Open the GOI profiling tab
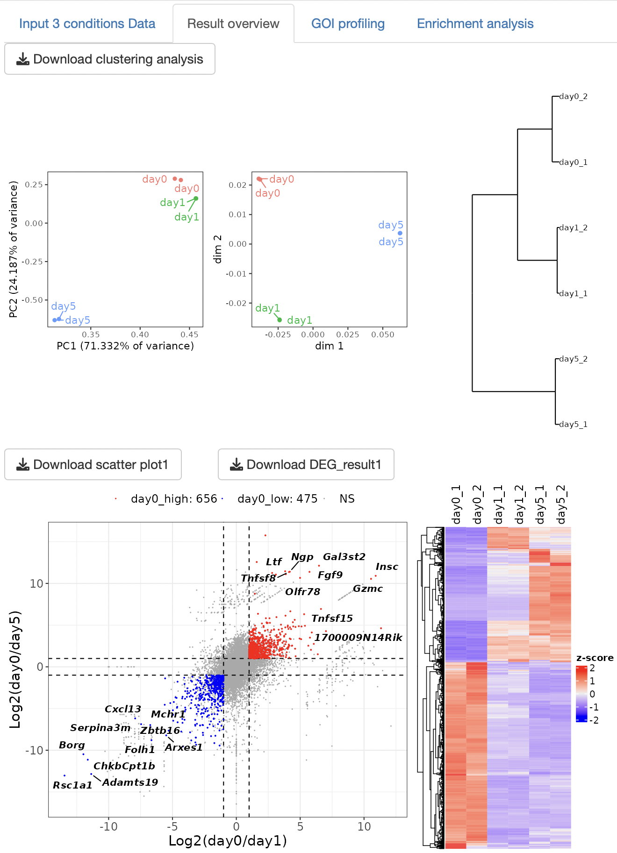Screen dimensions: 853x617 click(348, 24)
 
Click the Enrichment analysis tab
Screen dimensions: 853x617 click(475, 24)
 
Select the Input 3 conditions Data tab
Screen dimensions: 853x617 click(87, 24)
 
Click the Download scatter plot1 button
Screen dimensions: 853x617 click(93, 464)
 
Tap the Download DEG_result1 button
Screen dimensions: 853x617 click(306, 464)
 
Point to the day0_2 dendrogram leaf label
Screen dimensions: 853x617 click(573, 97)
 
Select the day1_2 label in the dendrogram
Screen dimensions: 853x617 click(573, 228)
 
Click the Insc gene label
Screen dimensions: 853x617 click(387, 567)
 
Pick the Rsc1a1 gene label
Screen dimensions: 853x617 click(72, 785)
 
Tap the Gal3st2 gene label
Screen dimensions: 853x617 click(344, 557)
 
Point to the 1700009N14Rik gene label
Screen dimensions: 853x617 click(358, 638)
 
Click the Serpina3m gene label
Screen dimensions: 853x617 click(100, 728)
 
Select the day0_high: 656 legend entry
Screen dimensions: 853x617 click(174, 499)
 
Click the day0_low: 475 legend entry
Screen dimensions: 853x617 click(277, 499)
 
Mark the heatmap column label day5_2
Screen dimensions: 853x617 click(561, 505)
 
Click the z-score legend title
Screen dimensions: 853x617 click(595, 658)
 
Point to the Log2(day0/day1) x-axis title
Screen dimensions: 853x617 click(228, 841)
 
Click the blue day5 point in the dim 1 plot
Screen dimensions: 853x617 click(400, 233)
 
